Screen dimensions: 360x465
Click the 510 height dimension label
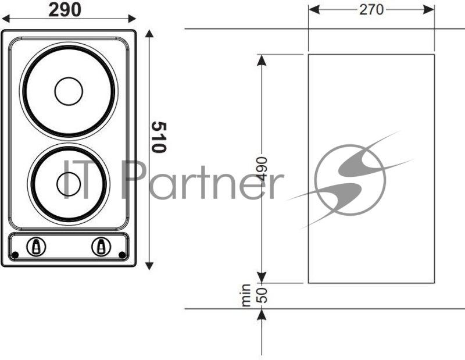[x=158, y=137]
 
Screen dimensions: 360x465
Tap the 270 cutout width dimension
[x=371, y=9]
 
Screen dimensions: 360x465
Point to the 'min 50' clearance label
[x=254, y=295]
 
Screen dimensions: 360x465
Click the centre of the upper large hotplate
[x=69, y=91]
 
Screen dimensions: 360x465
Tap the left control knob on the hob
[x=37, y=247]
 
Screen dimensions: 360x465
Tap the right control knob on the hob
[x=101, y=247]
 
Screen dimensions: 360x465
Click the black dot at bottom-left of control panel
[x=16, y=255]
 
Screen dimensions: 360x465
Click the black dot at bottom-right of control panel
[x=121, y=255]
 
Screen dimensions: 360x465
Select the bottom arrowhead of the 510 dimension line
[x=150, y=265]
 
